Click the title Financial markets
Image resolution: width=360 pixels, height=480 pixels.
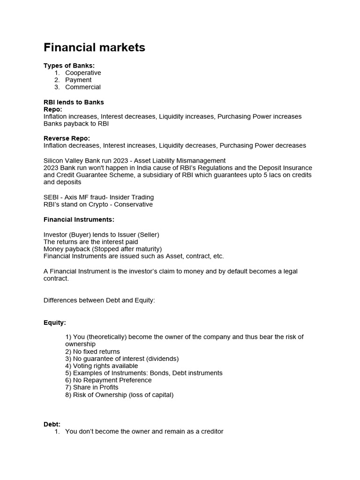pos(94,47)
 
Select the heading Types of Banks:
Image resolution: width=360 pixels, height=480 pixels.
pos(69,66)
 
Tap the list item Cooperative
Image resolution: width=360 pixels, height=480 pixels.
pos(83,73)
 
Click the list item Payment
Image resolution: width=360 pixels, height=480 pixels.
pos(78,80)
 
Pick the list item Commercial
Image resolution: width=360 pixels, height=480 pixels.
pos(83,87)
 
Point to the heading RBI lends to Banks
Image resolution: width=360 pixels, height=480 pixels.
pos(74,102)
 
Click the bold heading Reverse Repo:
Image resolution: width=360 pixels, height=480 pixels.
pos(67,138)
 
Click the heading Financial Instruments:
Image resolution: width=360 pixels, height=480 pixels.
pos(79,219)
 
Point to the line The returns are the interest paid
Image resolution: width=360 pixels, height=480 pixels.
pos(90,241)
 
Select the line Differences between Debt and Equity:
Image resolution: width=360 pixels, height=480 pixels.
pos(99,300)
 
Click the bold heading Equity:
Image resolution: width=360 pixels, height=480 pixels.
pos(55,322)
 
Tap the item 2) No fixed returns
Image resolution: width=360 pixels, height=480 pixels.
pos(92,352)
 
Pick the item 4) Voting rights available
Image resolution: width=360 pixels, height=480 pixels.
pos(102,366)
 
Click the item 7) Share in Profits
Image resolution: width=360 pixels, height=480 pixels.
pos(92,387)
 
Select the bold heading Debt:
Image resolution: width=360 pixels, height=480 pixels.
pos(52,424)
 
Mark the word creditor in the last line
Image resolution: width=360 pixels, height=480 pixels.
pos(211,431)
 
